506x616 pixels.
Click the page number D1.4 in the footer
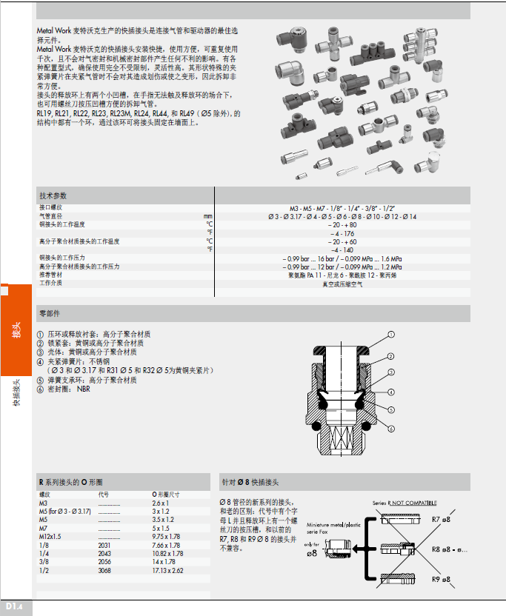[16, 608]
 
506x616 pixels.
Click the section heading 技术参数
[53, 195]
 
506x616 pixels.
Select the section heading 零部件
[50, 314]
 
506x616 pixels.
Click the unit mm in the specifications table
[208, 216]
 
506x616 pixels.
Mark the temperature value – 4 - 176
[343, 232]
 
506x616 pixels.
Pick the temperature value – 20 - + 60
[343, 241]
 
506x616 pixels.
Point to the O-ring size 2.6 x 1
[161, 503]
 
